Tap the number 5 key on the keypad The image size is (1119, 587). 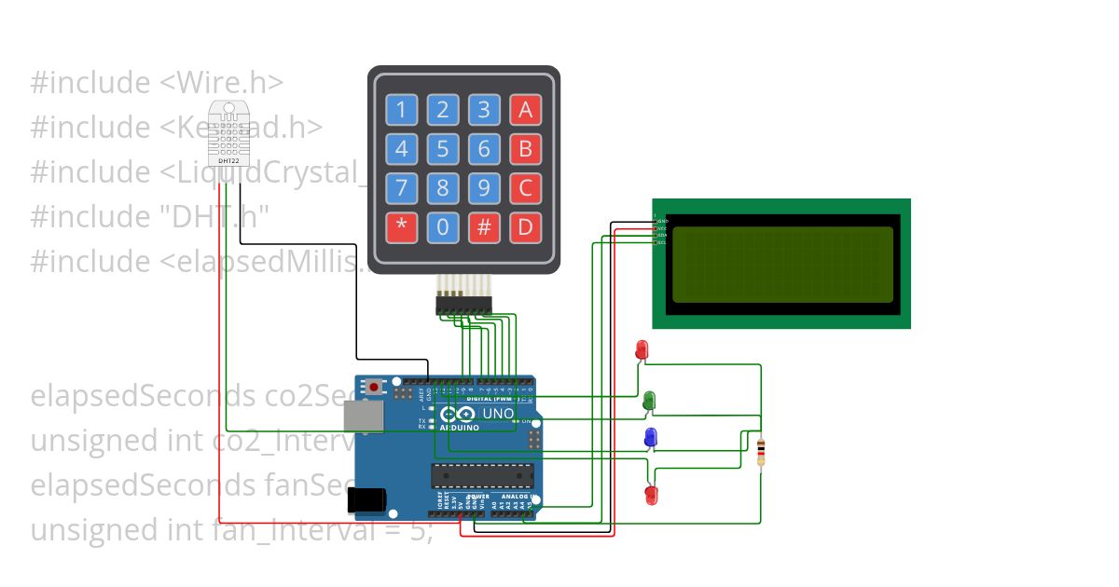coord(443,149)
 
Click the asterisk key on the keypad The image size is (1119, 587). coord(402,227)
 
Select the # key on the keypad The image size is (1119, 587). coord(484,227)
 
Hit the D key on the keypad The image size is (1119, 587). coord(525,227)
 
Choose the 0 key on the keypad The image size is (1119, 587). coord(443,227)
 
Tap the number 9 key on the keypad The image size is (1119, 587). coord(484,188)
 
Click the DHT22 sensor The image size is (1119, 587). coord(228,133)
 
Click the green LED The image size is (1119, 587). coord(649,401)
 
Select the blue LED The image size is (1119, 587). coord(650,437)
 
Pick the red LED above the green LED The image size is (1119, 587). coord(642,350)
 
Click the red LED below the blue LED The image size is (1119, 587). coord(651,494)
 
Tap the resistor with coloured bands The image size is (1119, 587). coord(761,452)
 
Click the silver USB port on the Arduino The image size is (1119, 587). coord(362,416)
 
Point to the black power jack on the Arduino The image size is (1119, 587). coord(367,500)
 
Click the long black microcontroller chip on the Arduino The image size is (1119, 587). coord(482,475)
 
